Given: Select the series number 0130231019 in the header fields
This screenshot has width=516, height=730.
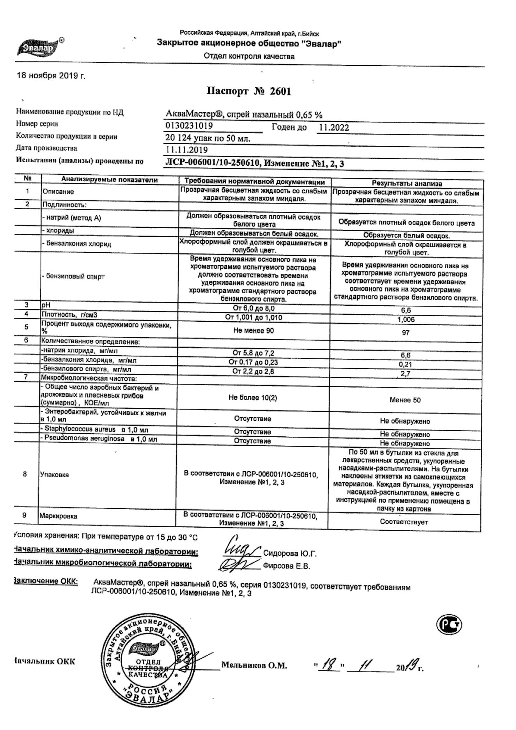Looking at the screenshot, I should [189, 126].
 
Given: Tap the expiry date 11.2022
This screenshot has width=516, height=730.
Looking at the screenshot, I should [334, 128].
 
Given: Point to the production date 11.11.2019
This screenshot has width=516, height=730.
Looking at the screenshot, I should [187, 150].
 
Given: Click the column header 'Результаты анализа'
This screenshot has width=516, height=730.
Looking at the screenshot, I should [407, 183].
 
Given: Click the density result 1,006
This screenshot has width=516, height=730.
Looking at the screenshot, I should [406, 319].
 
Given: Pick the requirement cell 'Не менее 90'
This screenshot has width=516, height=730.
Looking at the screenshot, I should [254, 331].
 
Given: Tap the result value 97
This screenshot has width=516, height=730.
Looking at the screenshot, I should [406, 333].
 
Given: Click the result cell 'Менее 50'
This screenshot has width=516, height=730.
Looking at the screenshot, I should [405, 400].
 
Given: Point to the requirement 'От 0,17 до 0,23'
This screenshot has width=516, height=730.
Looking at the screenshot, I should [254, 362].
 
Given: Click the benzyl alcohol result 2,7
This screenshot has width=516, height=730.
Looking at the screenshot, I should [406, 374].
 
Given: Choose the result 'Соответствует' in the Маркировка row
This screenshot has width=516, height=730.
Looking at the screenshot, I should [404, 522].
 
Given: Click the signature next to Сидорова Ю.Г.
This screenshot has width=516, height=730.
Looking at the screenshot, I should [240, 549].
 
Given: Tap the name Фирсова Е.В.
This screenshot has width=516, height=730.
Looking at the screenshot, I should [286, 567].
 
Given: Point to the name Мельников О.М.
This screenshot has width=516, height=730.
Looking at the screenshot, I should [254, 666].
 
